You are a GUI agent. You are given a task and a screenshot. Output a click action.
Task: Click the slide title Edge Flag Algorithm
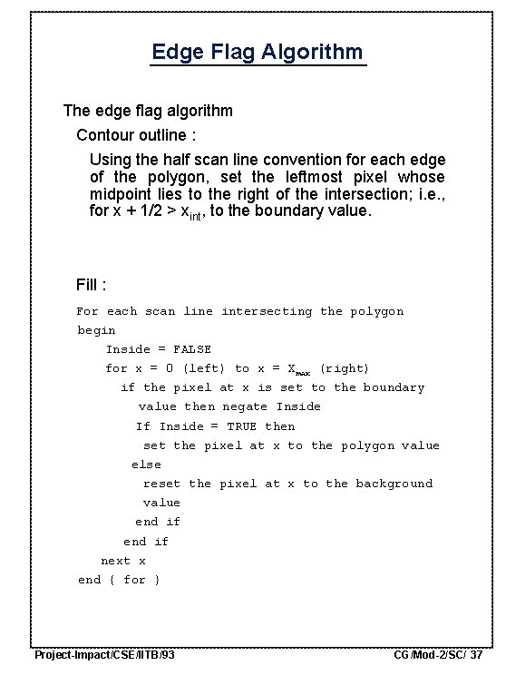(x=258, y=52)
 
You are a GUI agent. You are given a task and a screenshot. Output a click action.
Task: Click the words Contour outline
(x=135, y=135)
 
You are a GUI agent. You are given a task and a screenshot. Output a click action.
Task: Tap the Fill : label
(x=92, y=285)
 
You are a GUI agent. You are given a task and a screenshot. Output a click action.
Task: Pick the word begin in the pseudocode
(x=96, y=330)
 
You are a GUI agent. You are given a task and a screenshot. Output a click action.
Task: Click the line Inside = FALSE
(x=158, y=349)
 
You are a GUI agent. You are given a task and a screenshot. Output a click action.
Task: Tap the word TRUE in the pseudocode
(x=242, y=426)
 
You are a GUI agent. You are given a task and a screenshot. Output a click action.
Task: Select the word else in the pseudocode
(x=146, y=465)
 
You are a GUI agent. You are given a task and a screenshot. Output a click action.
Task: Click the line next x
(x=123, y=561)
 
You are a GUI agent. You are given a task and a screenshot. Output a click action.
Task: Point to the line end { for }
(x=119, y=580)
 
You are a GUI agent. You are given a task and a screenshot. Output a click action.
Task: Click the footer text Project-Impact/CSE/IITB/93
(x=104, y=654)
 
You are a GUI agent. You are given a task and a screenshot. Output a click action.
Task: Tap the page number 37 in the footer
(x=476, y=654)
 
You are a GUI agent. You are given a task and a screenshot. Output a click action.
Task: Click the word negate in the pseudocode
(x=245, y=406)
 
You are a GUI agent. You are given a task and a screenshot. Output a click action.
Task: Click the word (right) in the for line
(x=345, y=368)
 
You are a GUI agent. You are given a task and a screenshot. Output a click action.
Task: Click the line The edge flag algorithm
(x=148, y=111)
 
